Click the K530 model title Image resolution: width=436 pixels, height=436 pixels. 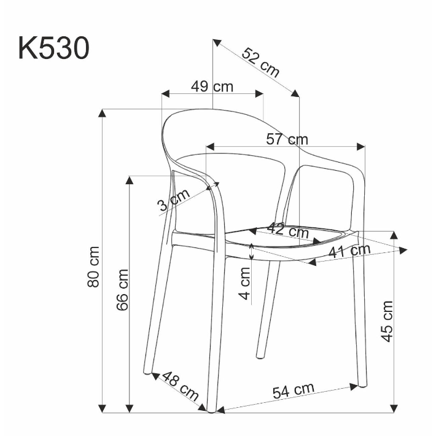[x=54, y=49]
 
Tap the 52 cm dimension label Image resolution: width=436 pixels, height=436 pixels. [x=260, y=62]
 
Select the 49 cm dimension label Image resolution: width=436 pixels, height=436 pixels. [x=212, y=86]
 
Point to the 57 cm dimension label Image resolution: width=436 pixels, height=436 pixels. [x=287, y=139]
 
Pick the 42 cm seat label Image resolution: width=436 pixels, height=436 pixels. [x=288, y=232]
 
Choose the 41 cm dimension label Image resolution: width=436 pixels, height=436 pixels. [x=349, y=251]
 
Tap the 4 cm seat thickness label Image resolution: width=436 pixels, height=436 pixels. [x=245, y=283]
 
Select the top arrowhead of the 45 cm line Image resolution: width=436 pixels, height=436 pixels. [x=394, y=235]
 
